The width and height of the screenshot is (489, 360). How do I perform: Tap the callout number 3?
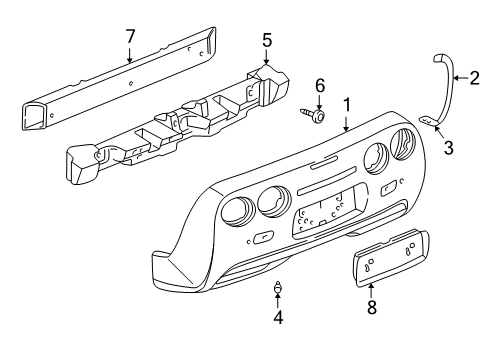tap(448, 148)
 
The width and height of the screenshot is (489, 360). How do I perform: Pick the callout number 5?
tap(266, 40)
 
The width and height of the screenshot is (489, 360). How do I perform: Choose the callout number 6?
tap(320, 85)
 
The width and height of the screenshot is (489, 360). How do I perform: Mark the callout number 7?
tap(129, 37)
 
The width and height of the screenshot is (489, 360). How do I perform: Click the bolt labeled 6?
tap(314, 117)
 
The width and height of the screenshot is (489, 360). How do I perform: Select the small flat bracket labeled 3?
tap(427, 121)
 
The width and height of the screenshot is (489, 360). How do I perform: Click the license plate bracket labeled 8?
tap(384, 281)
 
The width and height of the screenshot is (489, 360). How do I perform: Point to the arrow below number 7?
tap(129, 54)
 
